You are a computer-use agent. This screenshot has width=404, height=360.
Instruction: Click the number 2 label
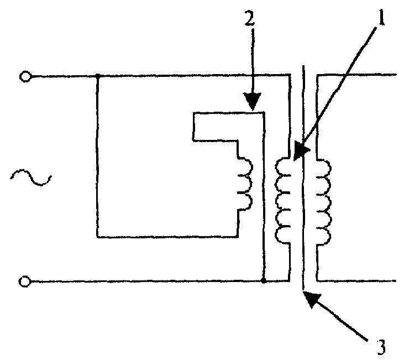pyautogui.click(x=249, y=18)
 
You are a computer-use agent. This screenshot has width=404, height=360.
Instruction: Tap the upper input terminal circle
pyautogui.click(x=25, y=77)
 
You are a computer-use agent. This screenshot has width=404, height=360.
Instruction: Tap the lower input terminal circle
pyautogui.click(x=24, y=281)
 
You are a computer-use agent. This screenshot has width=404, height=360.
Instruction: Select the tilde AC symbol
pyautogui.click(x=31, y=178)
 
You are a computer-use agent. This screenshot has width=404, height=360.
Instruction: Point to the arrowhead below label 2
pyautogui.click(x=253, y=101)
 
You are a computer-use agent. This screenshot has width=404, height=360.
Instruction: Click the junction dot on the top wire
pyautogui.click(x=98, y=76)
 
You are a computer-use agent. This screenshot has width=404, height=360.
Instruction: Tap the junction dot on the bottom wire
pyautogui.click(x=263, y=281)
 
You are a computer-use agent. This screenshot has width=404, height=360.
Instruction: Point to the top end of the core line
pyautogui.click(x=303, y=65)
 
